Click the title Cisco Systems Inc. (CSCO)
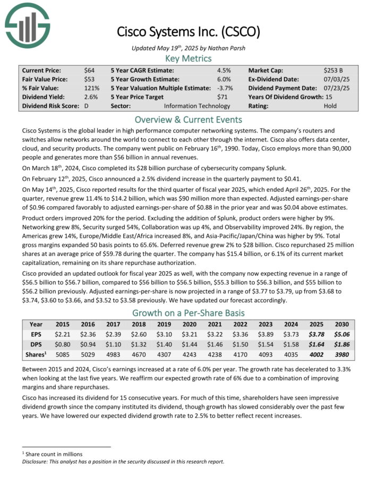tap(188, 32)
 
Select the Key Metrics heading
tap(188, 59)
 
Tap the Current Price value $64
tap(89, 70)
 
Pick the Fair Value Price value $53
tap(89, 79)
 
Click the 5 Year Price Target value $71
tap(222, 97)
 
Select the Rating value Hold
tap(330, 106)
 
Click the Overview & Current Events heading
tap(188, 119)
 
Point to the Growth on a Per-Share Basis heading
tap(188, 312)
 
